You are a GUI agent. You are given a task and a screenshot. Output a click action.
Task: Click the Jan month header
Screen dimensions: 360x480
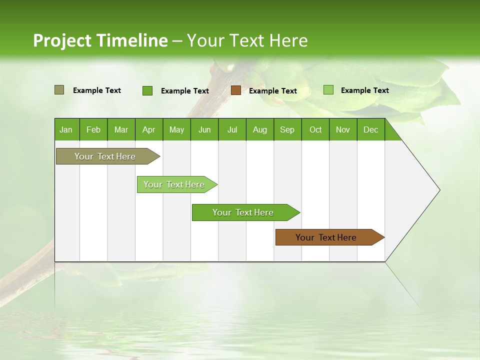66,129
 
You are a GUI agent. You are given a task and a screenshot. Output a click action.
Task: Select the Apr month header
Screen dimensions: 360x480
148,129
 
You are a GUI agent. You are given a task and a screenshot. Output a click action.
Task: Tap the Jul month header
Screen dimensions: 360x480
232,129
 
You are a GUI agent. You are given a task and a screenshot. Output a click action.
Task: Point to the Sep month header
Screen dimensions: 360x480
287,129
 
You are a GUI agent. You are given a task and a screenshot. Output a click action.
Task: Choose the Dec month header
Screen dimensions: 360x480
370,129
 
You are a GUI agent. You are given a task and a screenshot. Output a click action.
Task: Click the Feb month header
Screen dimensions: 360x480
93,129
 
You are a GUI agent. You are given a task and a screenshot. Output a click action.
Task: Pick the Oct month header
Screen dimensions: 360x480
315,129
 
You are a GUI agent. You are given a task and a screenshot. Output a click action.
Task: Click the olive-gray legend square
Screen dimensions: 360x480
59,90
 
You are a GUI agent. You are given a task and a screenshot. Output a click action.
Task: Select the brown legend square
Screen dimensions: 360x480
236,90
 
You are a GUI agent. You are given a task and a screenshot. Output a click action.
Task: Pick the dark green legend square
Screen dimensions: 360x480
147,90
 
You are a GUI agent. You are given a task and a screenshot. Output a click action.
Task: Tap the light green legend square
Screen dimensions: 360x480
328,90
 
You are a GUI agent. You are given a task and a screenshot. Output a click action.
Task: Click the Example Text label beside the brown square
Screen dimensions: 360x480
272,91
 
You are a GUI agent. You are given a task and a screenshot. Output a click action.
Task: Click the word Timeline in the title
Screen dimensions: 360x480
131,40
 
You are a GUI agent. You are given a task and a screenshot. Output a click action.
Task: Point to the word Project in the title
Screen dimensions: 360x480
62,40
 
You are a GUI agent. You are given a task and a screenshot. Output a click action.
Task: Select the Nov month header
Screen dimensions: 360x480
343,129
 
